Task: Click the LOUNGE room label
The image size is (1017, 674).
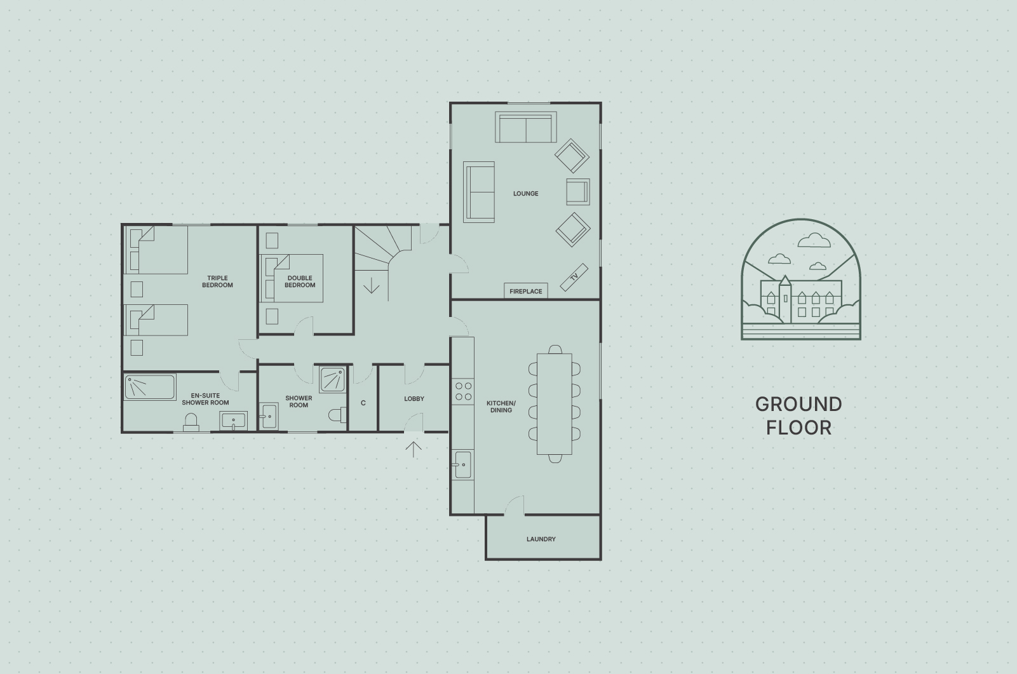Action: pyautogui.click(x=526, y=194)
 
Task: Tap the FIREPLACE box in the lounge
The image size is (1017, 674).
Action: pyautogui.click(x=526, y=291)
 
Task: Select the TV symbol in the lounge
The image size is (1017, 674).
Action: pyautogui.click(x=574, y=277)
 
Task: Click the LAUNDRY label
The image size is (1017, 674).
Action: pyautogui.click(x=541, y=539)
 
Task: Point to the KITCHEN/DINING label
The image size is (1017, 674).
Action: pyautogui.click(x=501, y=407)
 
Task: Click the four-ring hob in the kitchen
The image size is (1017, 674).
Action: pyautogui.click(x=463, y=391)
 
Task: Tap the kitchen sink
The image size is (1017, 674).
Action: pyautogui.click(x=462, y=464)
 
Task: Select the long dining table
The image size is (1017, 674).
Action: pyautogui.click(x=555, y=404)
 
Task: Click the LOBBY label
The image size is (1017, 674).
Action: pyautogui.click(x=414, y=399)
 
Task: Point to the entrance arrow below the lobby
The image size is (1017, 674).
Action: pyautogui.click(x=413, y=449)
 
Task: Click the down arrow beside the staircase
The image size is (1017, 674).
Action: pyautogui.click(x=372, y=285)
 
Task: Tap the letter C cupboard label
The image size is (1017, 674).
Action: pyautogui.click(x=363, y=403)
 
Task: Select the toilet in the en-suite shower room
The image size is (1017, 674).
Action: pyautogui.click(x=191, y=422)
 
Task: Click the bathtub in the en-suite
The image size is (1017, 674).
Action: pyautogui.click(x=150, y=388)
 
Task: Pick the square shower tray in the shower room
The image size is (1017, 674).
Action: pyautogui.click(x=332, y=380)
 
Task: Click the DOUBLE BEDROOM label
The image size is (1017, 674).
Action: pyautogui.click(x=300, y=281)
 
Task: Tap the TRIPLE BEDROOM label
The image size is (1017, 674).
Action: pyautogui.click(x=217, y=281)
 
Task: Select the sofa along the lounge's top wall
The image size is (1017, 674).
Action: pyautogui.click(x=526, y=127)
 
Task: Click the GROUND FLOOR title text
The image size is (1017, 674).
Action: pyautogui.click(x=798, y=416)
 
